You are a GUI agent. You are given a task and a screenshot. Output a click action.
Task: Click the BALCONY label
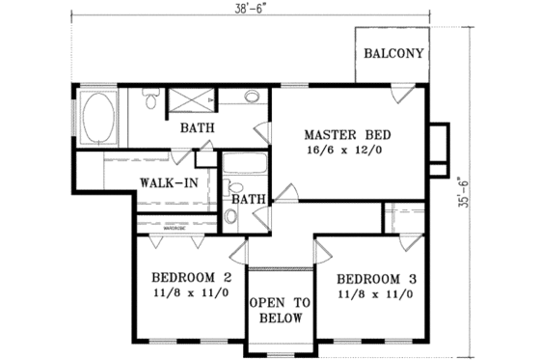(394, 54)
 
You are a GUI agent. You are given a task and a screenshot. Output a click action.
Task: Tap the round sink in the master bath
(251, 97)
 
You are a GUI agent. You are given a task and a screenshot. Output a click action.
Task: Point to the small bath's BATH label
(248, 199)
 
